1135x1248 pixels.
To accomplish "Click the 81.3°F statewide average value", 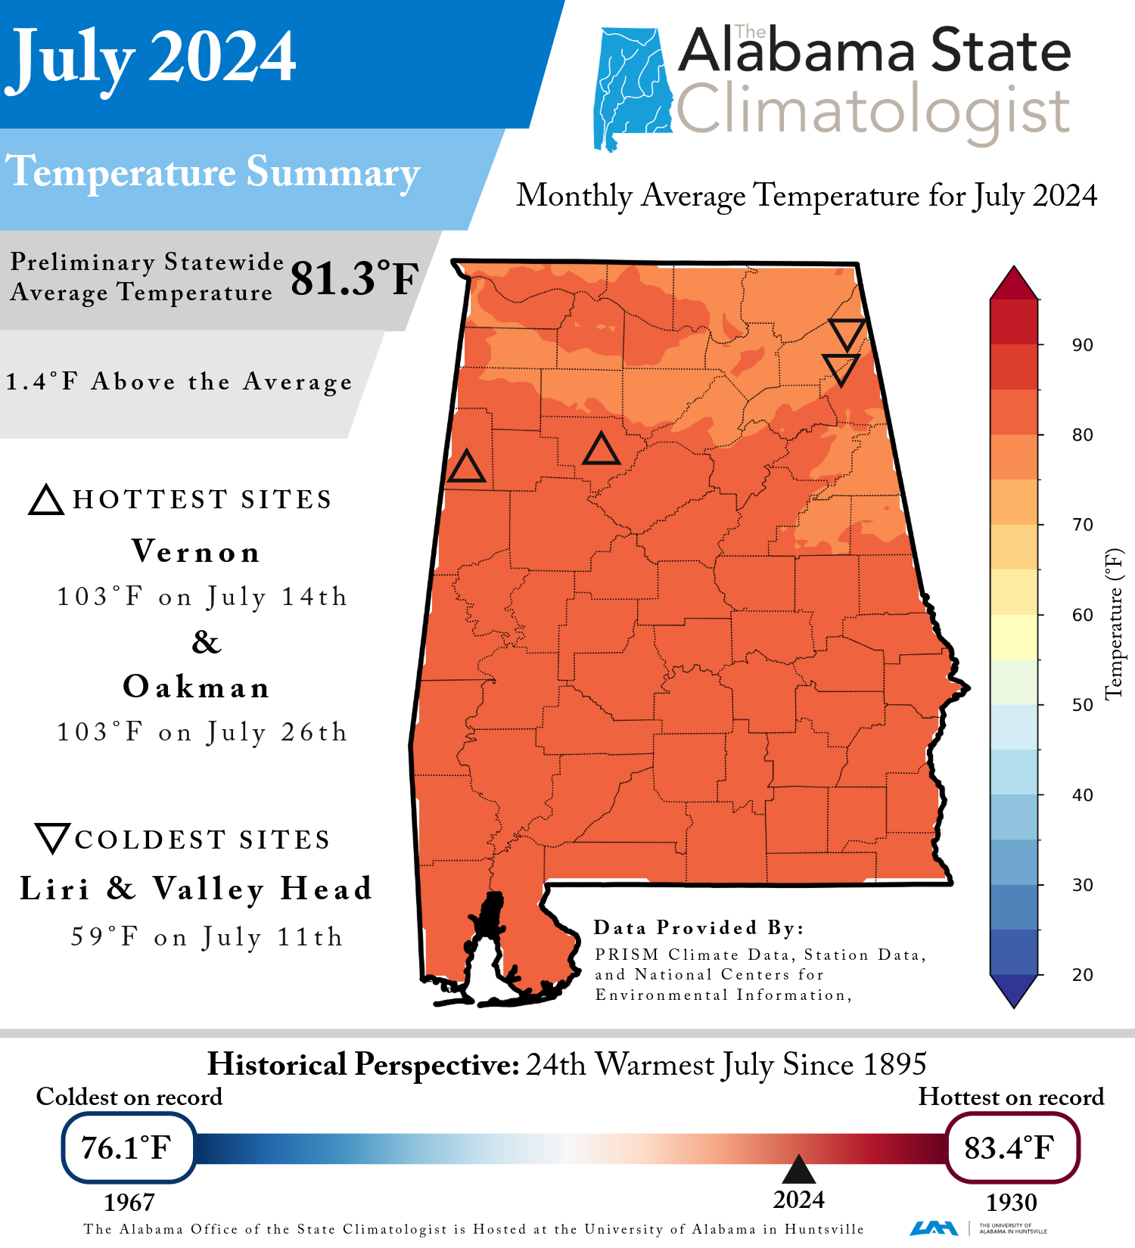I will pos(354,278).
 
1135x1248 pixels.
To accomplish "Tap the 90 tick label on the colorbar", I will pos(1082,345).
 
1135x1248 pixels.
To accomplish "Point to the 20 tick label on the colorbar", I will pos(1082,974).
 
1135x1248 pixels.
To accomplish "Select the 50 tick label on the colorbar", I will pos(1082,705).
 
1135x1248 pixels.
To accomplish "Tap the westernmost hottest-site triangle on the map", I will pos(466,467).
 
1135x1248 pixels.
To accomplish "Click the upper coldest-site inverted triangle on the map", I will pos(847,334).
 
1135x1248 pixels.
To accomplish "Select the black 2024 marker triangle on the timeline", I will pos(798,1170).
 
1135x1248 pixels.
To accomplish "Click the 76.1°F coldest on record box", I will pos(128,1147).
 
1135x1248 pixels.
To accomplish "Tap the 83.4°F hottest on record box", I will pos(1011,1147).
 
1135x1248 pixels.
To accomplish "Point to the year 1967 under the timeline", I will pos(129,1202).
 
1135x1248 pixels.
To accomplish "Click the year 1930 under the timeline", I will pos(1011,1202).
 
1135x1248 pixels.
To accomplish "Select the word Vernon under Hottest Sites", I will pos(196,551).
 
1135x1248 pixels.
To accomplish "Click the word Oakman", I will pos(196,687).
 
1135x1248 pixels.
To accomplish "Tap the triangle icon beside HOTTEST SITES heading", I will pos(46,501).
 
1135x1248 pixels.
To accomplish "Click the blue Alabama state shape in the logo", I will pos(632,87).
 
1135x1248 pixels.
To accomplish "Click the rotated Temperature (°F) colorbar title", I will pos(1114,623).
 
